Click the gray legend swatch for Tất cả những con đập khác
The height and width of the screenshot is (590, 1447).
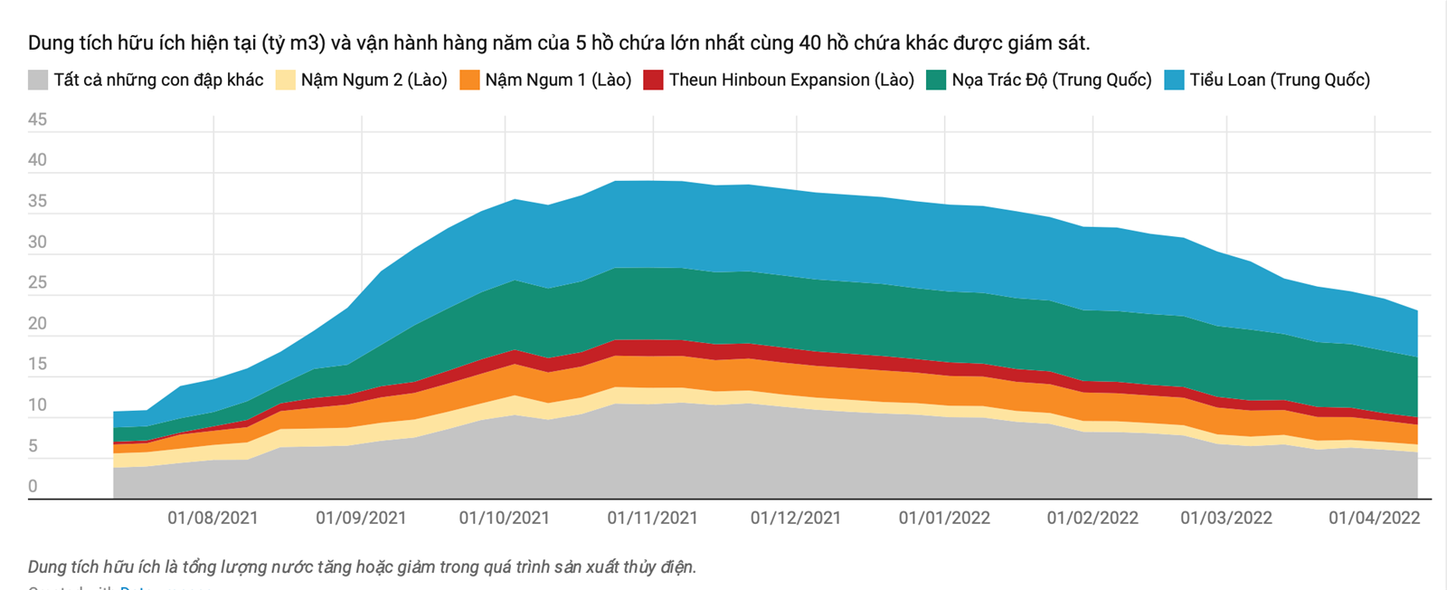38,80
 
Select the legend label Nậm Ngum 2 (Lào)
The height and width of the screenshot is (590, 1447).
374,80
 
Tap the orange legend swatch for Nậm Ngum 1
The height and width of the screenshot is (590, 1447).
469,80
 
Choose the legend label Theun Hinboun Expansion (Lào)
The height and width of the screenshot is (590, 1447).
791,80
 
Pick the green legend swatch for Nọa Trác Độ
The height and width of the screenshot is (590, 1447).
936,80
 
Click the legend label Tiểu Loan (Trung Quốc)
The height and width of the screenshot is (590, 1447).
1279,80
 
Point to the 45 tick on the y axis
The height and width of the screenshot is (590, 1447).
37,119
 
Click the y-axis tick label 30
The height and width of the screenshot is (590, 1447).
37,242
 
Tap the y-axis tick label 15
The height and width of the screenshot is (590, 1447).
37,364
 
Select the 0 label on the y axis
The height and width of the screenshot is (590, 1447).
33,486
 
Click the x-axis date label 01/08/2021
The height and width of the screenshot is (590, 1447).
213,518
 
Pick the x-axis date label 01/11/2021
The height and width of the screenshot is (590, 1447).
652,518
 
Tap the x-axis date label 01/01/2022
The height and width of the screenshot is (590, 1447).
944,518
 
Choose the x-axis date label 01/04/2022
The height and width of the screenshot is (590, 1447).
1374,518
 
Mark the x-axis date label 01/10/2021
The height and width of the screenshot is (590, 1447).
504,518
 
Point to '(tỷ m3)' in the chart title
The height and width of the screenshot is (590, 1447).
293,43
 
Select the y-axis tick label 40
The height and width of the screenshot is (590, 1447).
37,160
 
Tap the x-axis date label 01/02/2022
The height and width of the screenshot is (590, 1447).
1092,518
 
